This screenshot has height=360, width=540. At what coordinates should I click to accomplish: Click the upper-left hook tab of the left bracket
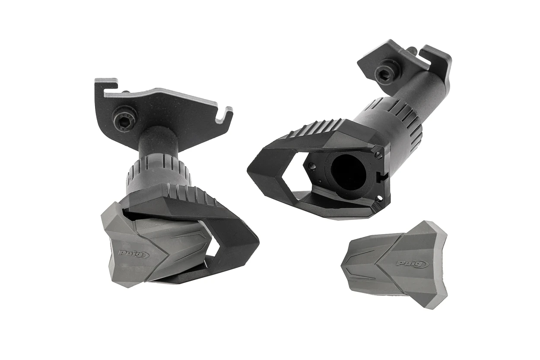click(106, 84)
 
